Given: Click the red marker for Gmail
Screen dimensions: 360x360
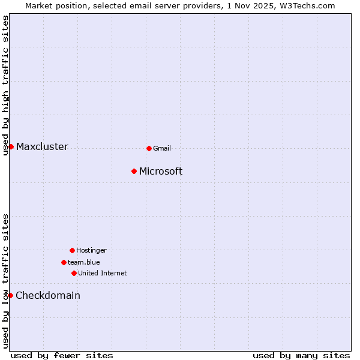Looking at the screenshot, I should (149, 148).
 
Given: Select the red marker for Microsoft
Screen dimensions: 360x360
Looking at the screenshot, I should (134, 171).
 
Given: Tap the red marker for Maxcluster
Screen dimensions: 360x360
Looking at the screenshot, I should (11, 146).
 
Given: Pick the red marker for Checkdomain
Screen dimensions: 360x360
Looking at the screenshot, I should (10, 295).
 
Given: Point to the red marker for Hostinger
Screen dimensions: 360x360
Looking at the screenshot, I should (72, 250).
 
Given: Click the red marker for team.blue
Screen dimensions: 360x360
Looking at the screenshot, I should (64, 262).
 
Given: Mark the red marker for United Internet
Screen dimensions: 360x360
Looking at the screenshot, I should (74, 273).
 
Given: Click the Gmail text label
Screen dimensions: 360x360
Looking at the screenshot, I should (162, 148).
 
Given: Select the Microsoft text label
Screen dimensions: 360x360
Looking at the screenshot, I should (161, 172).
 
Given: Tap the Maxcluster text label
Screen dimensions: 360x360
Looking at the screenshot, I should (42, 147).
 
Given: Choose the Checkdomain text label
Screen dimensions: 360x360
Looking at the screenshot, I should (48, 295).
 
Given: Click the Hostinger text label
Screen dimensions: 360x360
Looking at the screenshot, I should (91, 250).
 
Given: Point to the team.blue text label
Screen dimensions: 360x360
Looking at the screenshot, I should (84, 262).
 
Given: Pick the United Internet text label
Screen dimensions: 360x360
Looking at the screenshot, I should (103, 273).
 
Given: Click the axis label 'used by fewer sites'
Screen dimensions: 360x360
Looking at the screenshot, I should (62, 355).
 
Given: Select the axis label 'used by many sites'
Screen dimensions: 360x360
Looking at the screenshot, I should (301, 355).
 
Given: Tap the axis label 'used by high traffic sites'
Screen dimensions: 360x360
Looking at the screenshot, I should (5, 85).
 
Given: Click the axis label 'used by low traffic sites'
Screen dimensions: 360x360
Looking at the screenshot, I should (5, 281).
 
